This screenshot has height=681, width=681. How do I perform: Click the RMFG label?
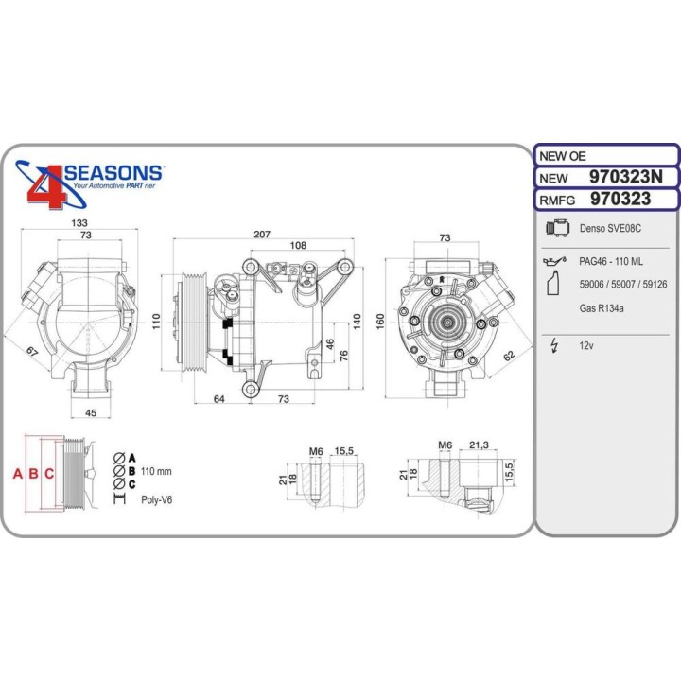tap(557, 200)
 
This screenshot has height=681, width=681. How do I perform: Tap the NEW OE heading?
tap(564, 156)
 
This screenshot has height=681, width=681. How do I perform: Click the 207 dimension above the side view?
tap(262, 234)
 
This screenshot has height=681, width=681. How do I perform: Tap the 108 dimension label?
tap(297, 246)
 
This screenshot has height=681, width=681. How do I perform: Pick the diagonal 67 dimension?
tap(31, 352)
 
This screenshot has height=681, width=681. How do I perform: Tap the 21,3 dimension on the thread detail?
tap(478, 445)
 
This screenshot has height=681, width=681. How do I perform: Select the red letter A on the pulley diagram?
tap(17, 474)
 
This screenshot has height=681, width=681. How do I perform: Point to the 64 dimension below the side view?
tap(219, 399)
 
